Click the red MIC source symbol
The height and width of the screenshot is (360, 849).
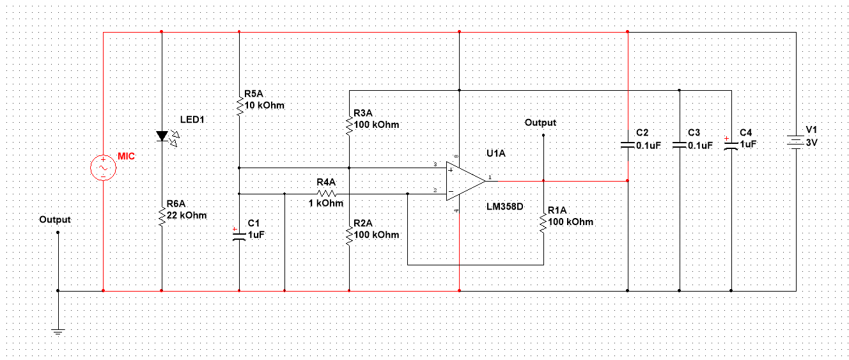(103, 168)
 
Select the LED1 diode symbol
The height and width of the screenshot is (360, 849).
(162, 136)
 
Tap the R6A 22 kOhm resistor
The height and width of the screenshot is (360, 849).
(162, 215)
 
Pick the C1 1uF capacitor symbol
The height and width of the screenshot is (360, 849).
(239, 235)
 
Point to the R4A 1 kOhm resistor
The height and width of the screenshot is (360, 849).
(326, 193)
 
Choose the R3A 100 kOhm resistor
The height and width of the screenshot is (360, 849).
(349, 125)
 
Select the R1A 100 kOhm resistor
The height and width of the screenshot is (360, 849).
(543, 222)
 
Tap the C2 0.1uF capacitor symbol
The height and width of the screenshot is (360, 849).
(628, 145)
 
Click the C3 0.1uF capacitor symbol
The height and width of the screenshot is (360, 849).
(680, 145)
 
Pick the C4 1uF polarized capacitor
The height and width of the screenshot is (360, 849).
(731, 145)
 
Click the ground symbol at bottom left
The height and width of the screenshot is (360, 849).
(58, 331)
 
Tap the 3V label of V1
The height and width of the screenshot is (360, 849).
(811, 143)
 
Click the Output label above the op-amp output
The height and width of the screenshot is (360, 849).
(540, 122)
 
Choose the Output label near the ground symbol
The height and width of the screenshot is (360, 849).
(55, 219)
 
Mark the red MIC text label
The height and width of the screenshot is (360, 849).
(127, 157)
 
